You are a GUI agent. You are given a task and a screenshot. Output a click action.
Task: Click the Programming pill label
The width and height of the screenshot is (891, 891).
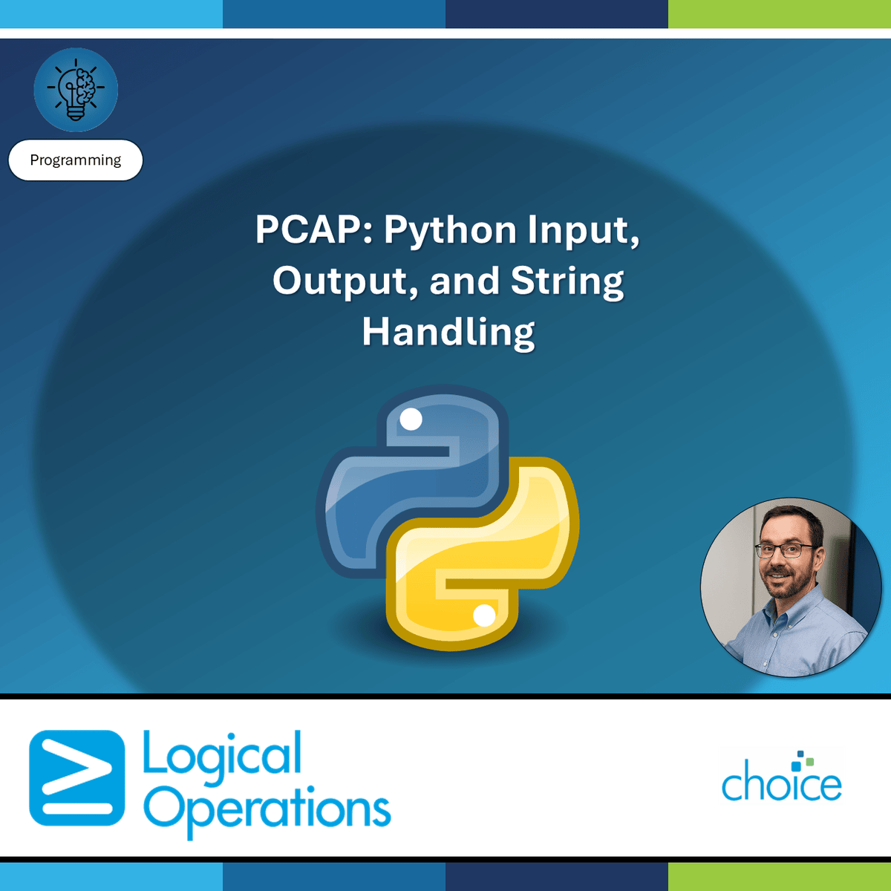pyautogui.click(x=75, y=160)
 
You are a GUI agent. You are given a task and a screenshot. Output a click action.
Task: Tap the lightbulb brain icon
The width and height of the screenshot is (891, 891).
pyautogui.click(x=76, y=90)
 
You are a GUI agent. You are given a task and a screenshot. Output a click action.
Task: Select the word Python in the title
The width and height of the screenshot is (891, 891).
pyautogui.click(x=449, y=231)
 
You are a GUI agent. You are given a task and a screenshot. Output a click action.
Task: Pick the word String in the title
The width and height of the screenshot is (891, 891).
pyautogui.click(x=567, y=281)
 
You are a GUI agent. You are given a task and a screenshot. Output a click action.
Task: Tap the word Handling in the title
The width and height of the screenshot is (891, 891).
pyautogui.click(x=448, y=332)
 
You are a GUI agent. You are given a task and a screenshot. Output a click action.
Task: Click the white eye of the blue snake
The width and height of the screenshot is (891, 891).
pyautogui.click(x=411, y=420)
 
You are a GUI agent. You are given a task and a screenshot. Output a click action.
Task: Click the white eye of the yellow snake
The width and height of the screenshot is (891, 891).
pyautogui.click(x=484, y=615)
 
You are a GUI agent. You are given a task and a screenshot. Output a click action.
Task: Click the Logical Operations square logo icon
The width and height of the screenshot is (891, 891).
pyautogui.click(x=76, y=777)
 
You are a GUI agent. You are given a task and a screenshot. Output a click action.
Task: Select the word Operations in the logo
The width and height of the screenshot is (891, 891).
pyautogui.click(x=267, y=809)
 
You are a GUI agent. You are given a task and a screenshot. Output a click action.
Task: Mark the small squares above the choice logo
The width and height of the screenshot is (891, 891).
pyautogui.click(x=802, y=762)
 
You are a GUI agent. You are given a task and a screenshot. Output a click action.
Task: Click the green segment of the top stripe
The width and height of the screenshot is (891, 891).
pyautogui.click(x=780, y=13)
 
